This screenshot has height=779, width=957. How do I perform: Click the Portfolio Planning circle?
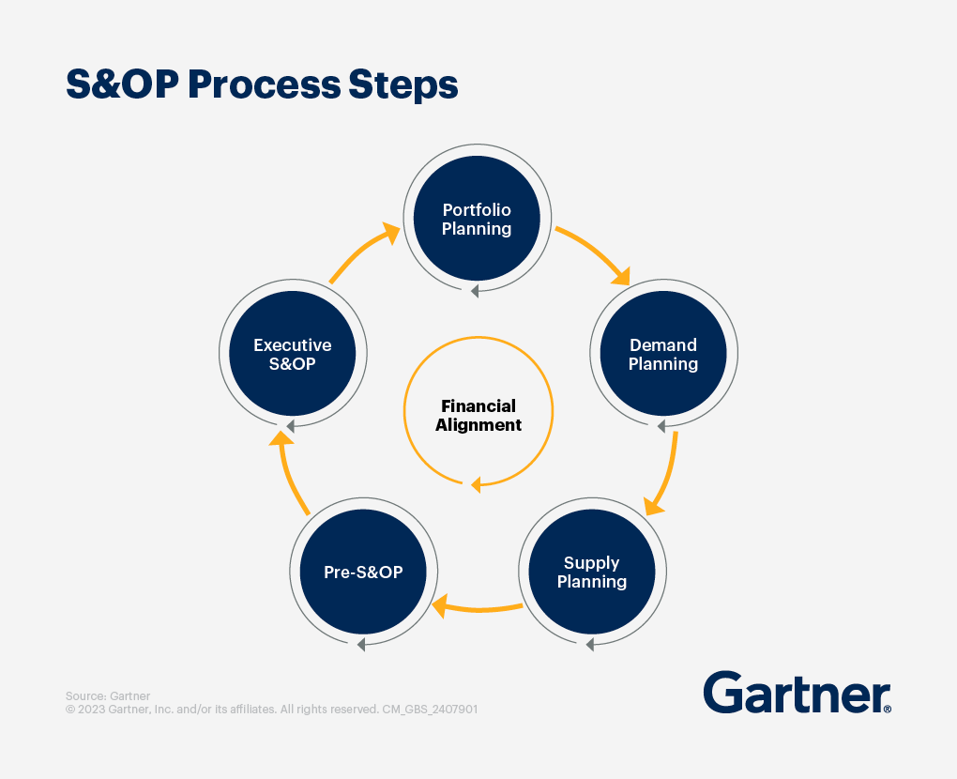pos(477,218)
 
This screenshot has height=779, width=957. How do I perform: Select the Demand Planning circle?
pos(663,354)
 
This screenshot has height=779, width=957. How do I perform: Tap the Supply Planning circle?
pos(591,572)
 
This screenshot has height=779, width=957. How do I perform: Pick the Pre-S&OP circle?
pos(363,572)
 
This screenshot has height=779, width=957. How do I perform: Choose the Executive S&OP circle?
pos(293,354)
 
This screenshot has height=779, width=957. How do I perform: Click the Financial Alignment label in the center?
pos(478,415)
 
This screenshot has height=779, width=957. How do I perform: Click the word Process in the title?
pos(265,84)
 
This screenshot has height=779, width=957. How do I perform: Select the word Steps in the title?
pos(403,84)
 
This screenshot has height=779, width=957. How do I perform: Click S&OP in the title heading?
pos(122,84)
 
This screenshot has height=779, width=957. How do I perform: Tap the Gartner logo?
pos(797,693)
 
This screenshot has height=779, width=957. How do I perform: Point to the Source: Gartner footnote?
pos(107,696)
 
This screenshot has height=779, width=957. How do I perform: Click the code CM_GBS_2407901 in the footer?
pos(430,710)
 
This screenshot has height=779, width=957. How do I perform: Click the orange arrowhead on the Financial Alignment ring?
pos(476,484)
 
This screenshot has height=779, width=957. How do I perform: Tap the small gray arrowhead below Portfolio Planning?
pos(475,292)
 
